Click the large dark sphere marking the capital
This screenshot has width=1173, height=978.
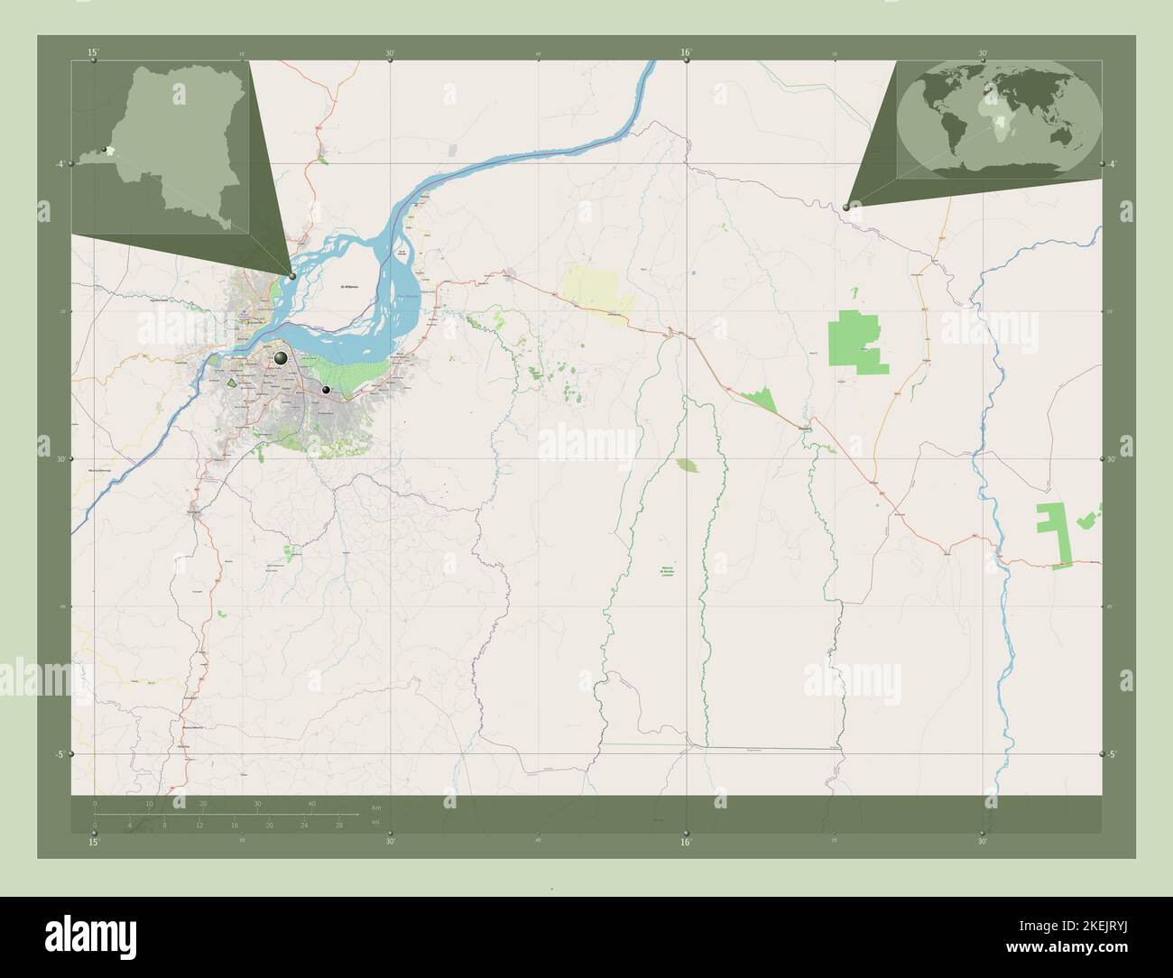pyautogui.click(x=281, y=358)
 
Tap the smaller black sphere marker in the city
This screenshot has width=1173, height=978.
pyautogui.click(x=326, y=390)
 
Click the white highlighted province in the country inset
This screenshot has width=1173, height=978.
pyautogui.click(x=112, y=150)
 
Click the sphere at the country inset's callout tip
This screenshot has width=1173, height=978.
pyautogui.click(x=292, y=275)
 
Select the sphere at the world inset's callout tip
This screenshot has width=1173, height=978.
pyautogui.click(x=845, y=208)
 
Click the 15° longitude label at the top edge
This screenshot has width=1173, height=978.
pyautogui.click(x=93, y=53)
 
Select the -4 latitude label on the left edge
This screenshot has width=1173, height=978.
pyautogui.click(x=59, y=163)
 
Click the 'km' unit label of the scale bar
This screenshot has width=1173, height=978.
pyautogui.click(x=376, y=807)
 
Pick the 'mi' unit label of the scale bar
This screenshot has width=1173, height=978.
pyautogui.click(x=375, y=824)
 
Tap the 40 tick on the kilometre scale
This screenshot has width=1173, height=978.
pyautogui.click(x=312, y=803)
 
